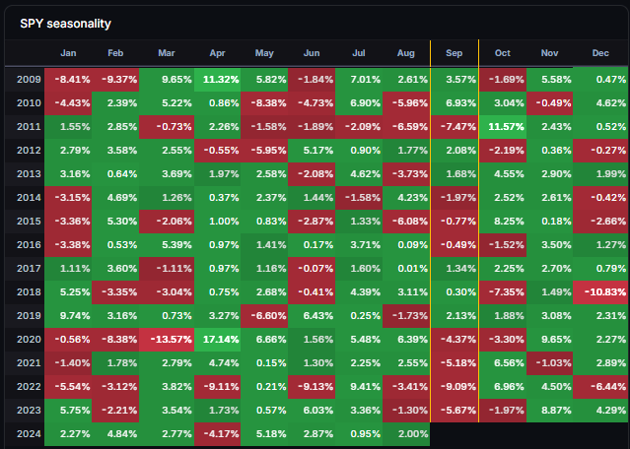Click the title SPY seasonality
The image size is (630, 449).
pyautogui.click(x=65, y=24)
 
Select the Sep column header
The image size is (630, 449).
pyautogui.click(x=455, y=53)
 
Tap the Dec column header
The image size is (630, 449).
pyautogui.click(x=600, y=53)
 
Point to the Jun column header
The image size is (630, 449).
pyautogui.click(x=312, y=53)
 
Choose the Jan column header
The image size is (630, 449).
pyautogui.click(x=68, y=53)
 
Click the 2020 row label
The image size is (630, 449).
pyautogui.click(x=29, y=339)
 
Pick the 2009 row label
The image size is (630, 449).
pyautogui.click(x=29, y=79)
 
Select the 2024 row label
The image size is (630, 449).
pyautogui.click(x=29, y=434)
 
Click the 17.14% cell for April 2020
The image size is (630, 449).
pyautogui.click(x=217, y=340)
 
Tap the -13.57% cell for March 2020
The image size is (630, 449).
pyautogui.click(x=167, y=340)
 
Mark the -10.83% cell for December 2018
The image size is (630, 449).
pyautogui.click(x=601, y=292)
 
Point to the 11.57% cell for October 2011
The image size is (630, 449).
pyautogui.click(x=503, y=127)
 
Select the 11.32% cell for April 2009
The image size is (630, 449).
pyautogui.click(x=217, y=80)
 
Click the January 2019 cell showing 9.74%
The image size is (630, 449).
pyautogui.click(x=68, y=316)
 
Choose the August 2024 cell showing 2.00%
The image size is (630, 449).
pyautogui.click(x=406, y=434)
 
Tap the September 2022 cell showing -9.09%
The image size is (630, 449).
pyautogui.click(x=455, y=387)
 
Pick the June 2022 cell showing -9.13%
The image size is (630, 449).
pyautogui.click(x=312, y=387)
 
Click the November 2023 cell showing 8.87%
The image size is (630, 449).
pyautogui.click(x=549, y=411)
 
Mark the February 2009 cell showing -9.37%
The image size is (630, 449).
pyautogui.click(x=115, y=80)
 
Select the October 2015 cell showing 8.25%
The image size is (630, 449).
pyautogui.click(x=503, y=222)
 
